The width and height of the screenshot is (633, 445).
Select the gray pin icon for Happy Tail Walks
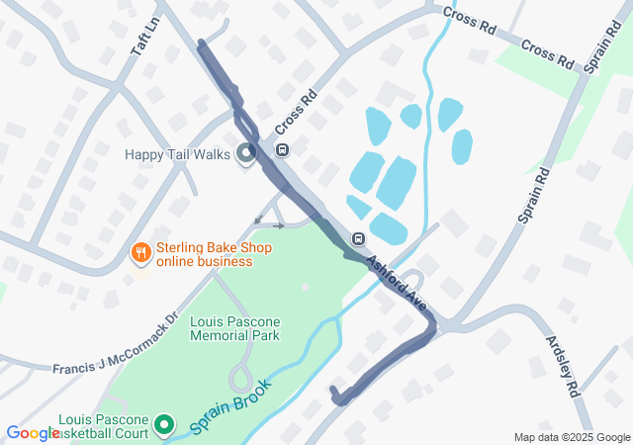pyautogui.click(x=246, y=154)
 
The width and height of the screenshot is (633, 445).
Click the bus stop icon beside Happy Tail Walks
pyautogui.click(x=282, y=150)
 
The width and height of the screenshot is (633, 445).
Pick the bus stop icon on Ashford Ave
pyautogui.click(x=358, y=238)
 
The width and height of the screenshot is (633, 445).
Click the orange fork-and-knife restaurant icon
pyautogui.click(x=141, y=254)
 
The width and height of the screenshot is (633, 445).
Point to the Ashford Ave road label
pyautogui.click(x=401, y=285)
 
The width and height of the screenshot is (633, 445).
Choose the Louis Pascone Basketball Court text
pyautogui.click(x=103, y=426)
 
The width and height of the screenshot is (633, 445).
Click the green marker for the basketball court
pyautogui.click(x=166, y=426)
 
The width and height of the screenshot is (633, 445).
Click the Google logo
pyautogui.click(x=33, y=432)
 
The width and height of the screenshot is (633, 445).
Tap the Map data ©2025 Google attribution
pyautogui.click(x=572, y=437)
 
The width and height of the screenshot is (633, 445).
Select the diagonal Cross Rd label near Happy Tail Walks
pyautogui.click(x=295, y=113)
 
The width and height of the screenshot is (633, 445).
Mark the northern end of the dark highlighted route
pyautogui.click(x=202, y=44)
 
